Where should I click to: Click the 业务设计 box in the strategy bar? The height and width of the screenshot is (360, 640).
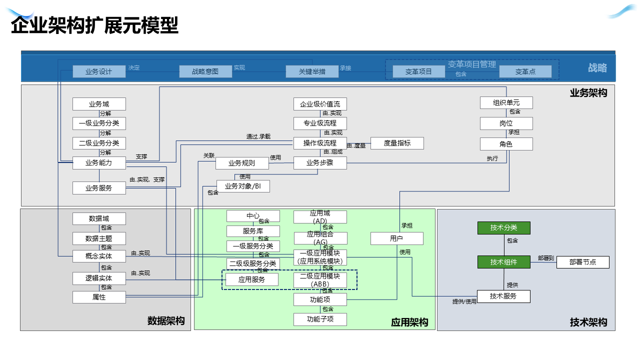point(99,71)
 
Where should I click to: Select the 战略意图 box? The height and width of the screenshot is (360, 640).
point(205,71)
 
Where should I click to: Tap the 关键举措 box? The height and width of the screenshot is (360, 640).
point(312,71)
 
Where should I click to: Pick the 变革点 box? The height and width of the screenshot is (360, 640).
point(525,71)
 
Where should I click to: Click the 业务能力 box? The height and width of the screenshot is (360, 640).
point(99,162)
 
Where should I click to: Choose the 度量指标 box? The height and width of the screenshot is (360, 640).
point(397,143)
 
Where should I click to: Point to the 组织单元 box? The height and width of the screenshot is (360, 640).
point(506,103)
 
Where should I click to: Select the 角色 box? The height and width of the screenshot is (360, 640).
point(506,144)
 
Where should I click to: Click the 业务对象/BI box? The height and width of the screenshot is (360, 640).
point(243,186)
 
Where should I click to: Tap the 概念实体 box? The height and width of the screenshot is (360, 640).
point(99,256)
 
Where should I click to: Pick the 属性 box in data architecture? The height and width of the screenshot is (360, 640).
point(99,297)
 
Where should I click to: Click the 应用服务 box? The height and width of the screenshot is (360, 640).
point(251,279)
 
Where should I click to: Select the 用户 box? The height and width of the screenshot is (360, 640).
point(396,238)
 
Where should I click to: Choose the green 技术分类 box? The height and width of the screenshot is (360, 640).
point(503,228)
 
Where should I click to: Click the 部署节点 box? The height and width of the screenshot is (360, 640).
point(582,262)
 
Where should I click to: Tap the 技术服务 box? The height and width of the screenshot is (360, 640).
point(503,296)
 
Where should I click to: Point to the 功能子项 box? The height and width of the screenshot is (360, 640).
point(320,319)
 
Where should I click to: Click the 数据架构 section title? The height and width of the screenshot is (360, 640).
point(166,321)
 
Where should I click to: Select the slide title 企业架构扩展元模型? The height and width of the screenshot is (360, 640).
point(94,25)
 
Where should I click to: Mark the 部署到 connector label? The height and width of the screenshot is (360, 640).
point(546,258)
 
